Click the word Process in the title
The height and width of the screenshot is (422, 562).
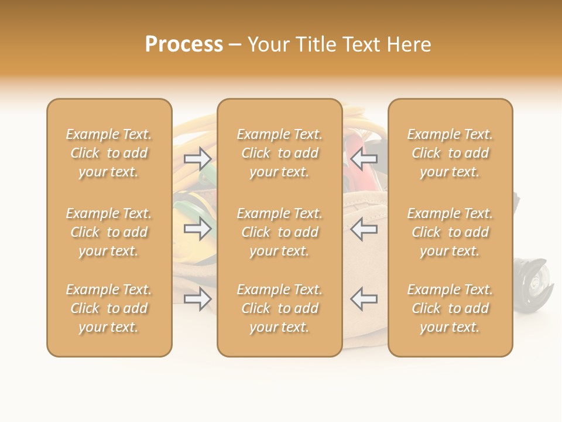[184, 45]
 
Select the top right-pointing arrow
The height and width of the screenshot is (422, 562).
[198, 158]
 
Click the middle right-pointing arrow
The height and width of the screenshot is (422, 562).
[198, 229]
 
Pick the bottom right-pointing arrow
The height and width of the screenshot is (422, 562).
[198, 300]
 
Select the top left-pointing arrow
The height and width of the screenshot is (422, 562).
[364, 158]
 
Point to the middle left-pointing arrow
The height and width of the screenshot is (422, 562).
[364, 229]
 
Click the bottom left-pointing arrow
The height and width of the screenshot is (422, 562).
[364, 300]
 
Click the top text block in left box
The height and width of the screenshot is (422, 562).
[109, 153]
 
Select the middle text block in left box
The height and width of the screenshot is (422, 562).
[109, 232]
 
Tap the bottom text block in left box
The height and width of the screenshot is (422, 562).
[109, 308]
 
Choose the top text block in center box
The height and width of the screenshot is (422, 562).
[279, 153]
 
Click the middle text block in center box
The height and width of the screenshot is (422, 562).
[279, 232]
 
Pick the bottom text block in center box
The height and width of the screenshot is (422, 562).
[279, 308]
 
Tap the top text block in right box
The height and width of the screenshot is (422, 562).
[450, 153]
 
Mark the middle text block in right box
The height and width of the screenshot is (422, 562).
[450, 232]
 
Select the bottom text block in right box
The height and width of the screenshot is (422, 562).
[450, 308]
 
